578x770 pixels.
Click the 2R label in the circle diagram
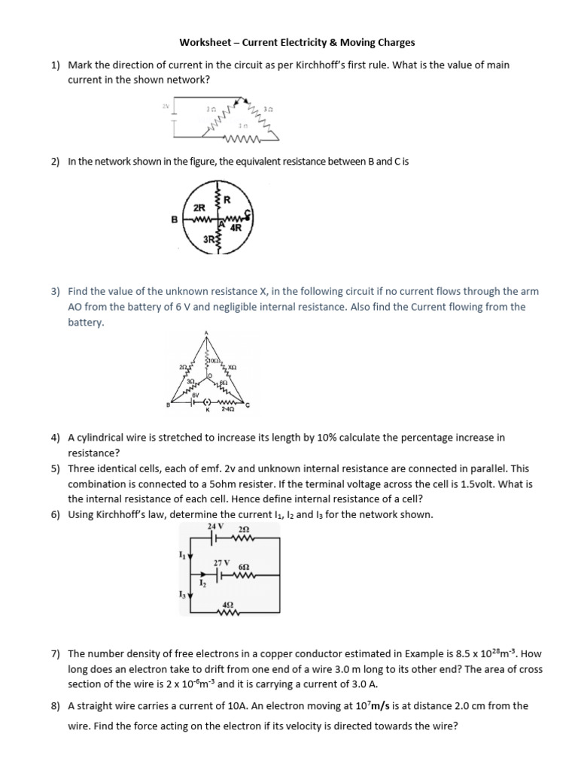coord(200,208)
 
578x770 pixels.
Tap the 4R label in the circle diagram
coord(235,228)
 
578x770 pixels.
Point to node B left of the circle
coord(174,220)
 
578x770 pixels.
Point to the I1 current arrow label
coord(181,555)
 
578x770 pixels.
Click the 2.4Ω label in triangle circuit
coord(227,411)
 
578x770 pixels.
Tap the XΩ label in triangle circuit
coord(232,368)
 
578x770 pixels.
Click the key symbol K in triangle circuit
coord(208,411)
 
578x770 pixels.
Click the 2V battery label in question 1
coord(165,106)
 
